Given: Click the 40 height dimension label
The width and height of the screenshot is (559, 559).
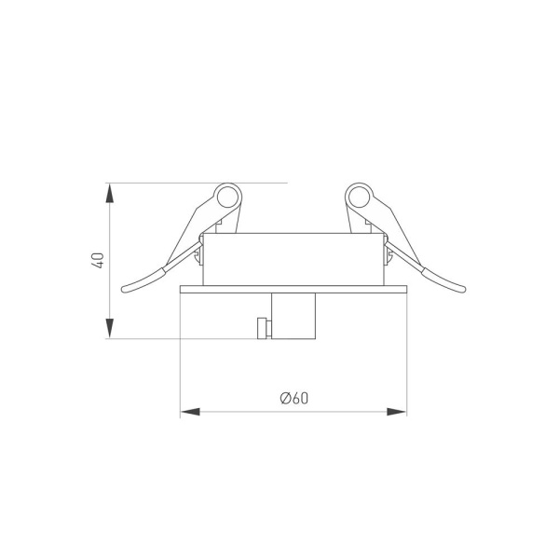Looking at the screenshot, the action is coord(97,260).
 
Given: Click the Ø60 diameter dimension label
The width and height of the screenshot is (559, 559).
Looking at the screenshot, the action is coord(294,398).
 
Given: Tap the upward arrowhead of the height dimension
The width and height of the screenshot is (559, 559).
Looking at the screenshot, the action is coord(110,193).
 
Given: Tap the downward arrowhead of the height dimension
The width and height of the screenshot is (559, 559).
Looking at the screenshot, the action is coord(110,328).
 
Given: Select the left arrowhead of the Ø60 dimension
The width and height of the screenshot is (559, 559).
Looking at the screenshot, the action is coord(190,412).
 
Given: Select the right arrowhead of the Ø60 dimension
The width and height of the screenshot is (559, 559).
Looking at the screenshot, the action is coord(397,412).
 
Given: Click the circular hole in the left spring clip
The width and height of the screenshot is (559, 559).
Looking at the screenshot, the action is coord(227,198).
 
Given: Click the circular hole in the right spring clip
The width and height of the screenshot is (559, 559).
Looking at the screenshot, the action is coord(359,198).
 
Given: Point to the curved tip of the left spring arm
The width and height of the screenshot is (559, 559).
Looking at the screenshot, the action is coord(123,290).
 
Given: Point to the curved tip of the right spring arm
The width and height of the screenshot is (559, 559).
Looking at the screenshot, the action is coord(463,290).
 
